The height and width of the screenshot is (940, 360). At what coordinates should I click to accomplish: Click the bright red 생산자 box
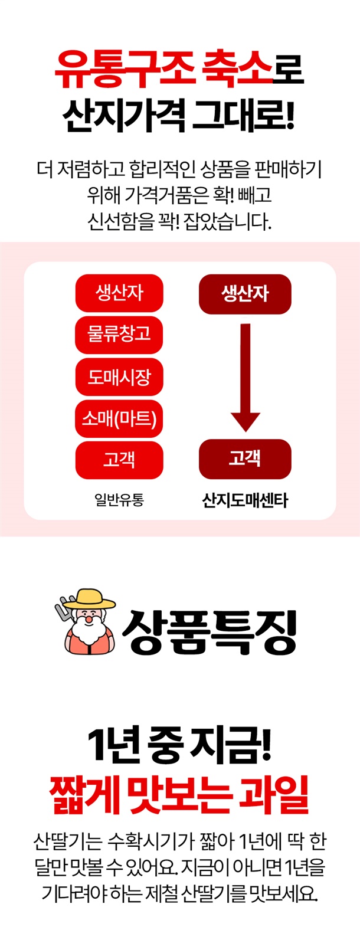119,293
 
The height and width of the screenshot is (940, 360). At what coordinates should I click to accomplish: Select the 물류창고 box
119,335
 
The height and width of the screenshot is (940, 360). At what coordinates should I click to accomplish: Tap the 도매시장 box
119,376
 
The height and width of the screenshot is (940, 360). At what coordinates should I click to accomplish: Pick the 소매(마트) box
119,418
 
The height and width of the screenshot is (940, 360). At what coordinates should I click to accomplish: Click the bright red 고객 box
119,460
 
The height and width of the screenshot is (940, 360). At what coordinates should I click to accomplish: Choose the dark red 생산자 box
245,294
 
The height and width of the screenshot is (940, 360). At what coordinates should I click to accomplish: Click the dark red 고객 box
245,458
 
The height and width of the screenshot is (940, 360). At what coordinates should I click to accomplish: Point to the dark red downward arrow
246,378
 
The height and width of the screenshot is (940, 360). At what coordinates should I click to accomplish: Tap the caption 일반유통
119,499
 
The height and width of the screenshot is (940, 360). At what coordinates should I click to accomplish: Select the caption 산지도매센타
245,500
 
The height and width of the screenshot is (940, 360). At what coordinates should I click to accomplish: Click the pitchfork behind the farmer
64,608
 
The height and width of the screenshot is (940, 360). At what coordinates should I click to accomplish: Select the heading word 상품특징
209,631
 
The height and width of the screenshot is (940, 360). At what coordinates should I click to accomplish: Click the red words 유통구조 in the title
125,70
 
